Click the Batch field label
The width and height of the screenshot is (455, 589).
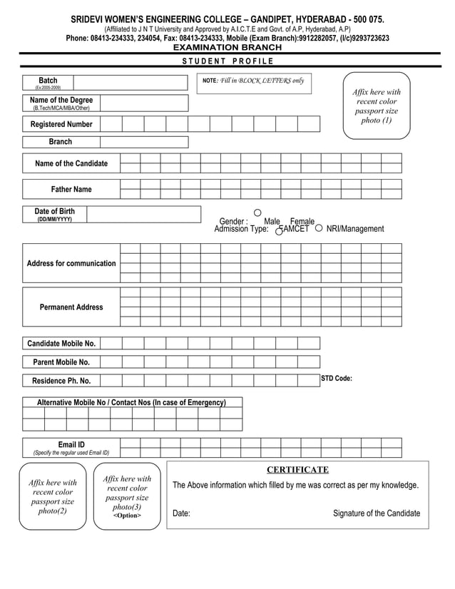[x=48, y=81]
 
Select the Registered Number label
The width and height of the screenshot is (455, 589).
[x=61, y=124]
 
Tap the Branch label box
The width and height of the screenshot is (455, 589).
[x=61, y=142]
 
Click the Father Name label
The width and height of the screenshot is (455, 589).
[x=71, y=190]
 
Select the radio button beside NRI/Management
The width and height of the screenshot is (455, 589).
[x=318, y=228]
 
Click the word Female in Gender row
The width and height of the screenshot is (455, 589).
[x=302, y=222]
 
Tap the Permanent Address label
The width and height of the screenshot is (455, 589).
[x=71, y=307]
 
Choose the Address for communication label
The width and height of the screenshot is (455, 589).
[x=71, y=264]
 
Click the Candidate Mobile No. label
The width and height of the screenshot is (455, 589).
[x=61, y=344]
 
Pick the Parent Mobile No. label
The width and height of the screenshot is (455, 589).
[x=61, y=362]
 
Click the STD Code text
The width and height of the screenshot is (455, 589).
[x=337, y=379]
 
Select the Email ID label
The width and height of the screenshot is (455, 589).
[x=71, y=445]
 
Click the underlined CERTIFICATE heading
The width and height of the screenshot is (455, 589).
[x=297, y=470]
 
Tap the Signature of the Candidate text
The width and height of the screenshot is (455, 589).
[x=377, y=513]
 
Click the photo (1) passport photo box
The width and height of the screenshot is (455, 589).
[x=377, y=107]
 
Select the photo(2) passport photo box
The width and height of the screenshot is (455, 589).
[x=53, y=497]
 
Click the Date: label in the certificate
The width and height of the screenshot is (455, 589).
[x=181, y=513]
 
